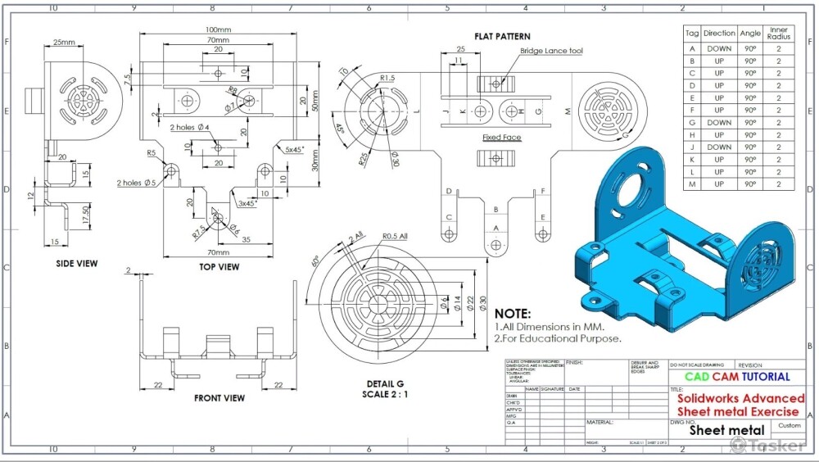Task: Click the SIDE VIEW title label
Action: (76, 264)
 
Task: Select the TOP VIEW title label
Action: (219, 266)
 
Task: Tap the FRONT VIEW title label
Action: (219, 398)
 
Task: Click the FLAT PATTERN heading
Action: (502, 36)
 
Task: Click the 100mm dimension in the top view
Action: (217, 29)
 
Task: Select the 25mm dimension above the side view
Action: (64, 41)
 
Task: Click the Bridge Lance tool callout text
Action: (551, 51)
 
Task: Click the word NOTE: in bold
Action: (513, 314)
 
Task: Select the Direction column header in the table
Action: (719, 34)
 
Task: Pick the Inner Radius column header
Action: (779, 34)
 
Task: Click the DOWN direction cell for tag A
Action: (719, 48)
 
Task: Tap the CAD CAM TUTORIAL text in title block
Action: (737, 377)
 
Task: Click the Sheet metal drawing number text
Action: (726, 429)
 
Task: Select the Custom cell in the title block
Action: (790, 426)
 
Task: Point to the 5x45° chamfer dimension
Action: (296, 150)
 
